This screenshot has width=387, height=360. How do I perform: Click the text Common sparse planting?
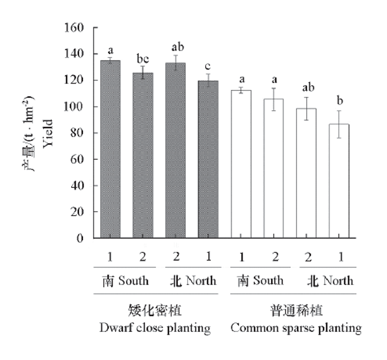coord(296,329)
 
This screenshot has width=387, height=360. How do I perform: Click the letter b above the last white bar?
coord(340,101)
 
